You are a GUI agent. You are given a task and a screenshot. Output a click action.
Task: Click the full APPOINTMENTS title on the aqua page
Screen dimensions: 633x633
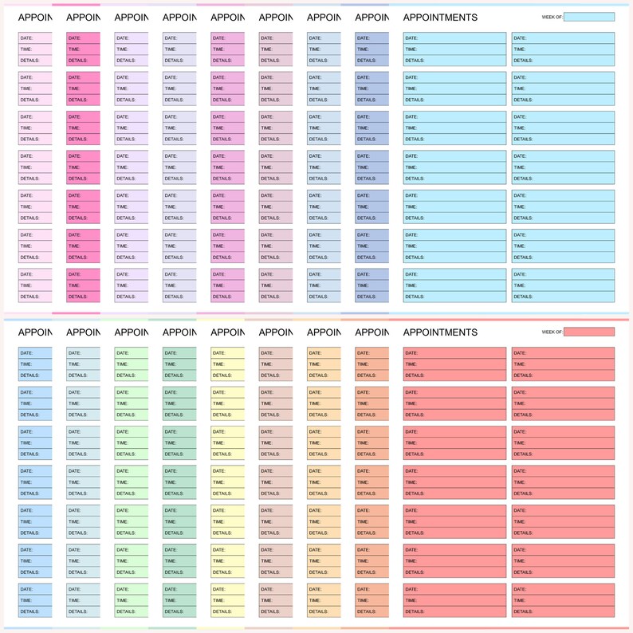pos(440,18)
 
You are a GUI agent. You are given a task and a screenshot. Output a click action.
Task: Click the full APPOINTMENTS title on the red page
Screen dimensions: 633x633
pos(440,332)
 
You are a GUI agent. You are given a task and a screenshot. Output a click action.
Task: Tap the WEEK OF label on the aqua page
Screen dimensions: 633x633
pos(552,17)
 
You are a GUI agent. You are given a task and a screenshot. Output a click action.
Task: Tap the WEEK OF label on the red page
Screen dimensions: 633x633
pos(552,332)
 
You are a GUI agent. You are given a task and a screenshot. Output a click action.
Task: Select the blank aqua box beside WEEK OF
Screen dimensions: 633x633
pos(588,17)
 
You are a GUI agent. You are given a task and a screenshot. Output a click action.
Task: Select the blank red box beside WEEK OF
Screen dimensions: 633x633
pos(588,332)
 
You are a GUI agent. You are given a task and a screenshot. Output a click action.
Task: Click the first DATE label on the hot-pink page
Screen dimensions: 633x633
pos(75,38)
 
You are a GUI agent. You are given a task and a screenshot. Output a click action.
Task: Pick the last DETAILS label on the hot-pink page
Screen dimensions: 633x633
pos(78,297)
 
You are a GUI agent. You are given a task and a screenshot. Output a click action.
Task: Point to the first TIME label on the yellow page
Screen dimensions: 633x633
pos(218,364)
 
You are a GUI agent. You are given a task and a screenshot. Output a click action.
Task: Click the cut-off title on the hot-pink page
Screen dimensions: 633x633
pos(83,18)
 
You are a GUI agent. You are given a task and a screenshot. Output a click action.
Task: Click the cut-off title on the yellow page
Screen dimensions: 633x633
pos(227,332)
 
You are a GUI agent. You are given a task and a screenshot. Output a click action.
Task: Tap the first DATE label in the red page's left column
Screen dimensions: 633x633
pos(411,353)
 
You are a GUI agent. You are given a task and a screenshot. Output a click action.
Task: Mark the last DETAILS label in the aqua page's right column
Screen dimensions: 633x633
pos(523,297)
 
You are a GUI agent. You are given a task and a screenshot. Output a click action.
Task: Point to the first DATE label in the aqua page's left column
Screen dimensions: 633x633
pos(411,38)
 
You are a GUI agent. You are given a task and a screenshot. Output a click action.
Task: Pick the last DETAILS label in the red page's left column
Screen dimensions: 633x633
pos(415,611)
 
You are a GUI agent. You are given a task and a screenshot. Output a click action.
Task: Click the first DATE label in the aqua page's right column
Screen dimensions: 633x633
pos(520,38)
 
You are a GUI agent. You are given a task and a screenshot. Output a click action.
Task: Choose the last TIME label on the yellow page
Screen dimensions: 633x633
pos(218,600)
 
